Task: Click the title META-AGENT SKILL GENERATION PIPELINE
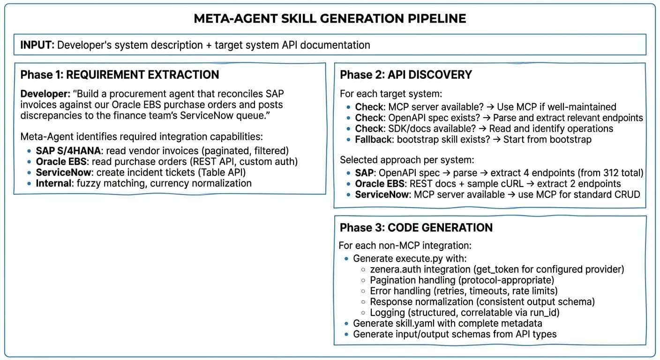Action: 330,19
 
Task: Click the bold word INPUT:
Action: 37,45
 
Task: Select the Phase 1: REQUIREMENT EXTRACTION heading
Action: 120,75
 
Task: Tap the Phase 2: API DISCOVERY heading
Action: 406,75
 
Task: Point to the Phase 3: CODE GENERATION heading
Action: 416,228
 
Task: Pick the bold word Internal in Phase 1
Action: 53,183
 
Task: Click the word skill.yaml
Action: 411,323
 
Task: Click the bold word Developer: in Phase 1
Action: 45,94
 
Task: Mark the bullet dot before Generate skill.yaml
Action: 346,323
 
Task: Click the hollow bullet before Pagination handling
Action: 363,280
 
